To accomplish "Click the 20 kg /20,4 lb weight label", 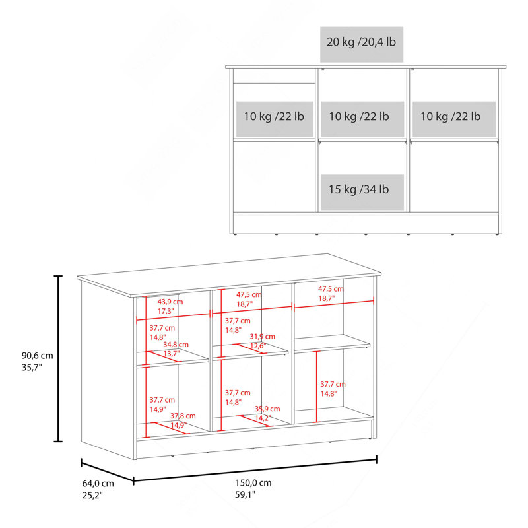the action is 361,42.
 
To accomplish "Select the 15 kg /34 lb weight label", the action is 358,189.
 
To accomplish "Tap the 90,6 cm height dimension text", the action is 38,355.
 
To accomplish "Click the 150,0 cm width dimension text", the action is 253,483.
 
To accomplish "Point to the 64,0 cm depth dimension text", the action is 98,484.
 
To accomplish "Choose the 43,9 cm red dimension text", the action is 170,302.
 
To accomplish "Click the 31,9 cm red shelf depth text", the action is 262,337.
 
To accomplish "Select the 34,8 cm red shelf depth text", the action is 176,345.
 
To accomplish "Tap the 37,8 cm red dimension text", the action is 183,416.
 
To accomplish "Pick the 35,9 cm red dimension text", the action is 267,409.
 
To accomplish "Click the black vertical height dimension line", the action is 59,358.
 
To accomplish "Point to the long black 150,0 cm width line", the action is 255,469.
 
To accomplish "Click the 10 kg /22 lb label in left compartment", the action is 274,117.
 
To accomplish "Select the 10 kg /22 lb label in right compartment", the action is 451,117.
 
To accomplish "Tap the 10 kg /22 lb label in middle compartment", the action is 359,117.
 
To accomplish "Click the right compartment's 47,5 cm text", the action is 331,289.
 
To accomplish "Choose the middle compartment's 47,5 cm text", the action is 249,294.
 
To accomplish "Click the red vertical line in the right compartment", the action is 317,387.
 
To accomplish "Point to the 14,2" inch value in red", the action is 263,418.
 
